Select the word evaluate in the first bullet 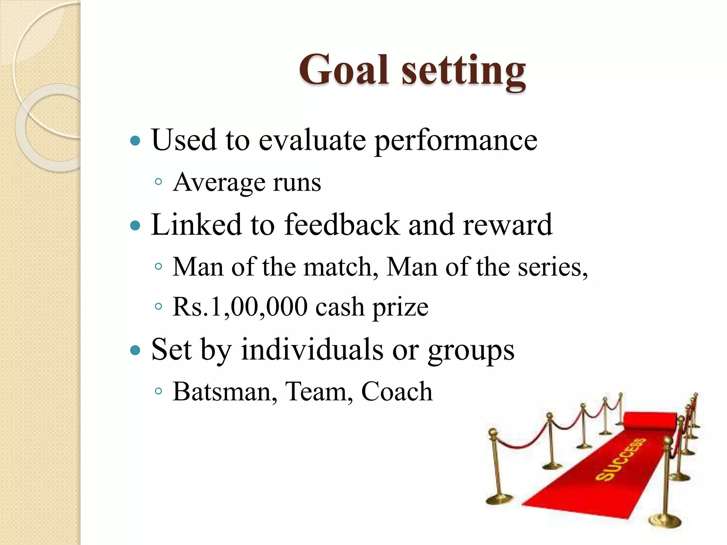(312, 140)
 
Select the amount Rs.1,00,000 (240, 307)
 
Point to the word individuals (312, 350)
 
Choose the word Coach (397, 392)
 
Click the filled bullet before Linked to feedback (135, 225)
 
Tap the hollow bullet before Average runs (159, 182)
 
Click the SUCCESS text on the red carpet (620, 459)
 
